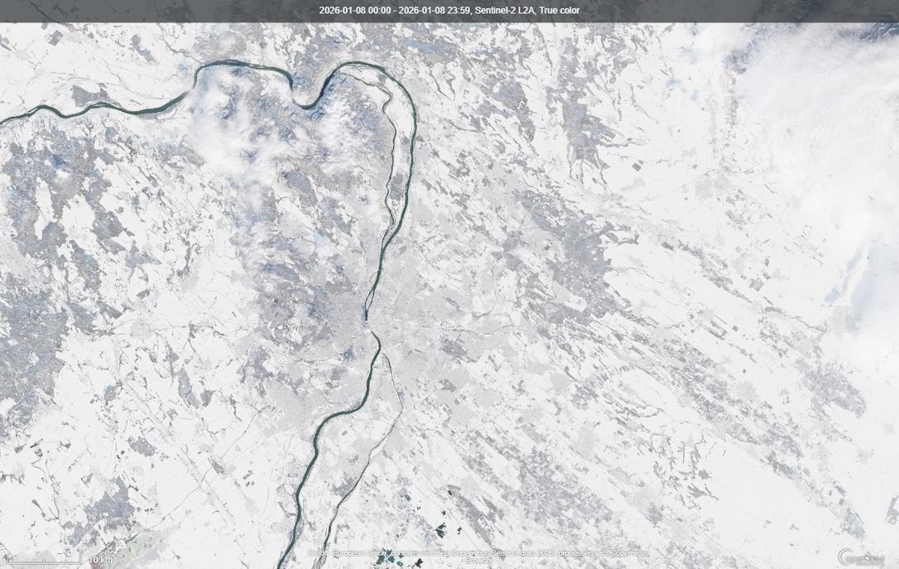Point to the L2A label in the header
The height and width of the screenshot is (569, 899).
pos(526,11)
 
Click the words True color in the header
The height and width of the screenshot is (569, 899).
pos(560,11)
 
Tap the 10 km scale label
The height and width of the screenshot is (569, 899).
pos(100,561)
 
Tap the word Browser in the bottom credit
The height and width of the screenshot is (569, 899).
pos(479,561)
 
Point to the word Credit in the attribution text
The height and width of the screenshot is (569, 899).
pos(319,552)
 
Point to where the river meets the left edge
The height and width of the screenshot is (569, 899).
pos(3,121)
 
